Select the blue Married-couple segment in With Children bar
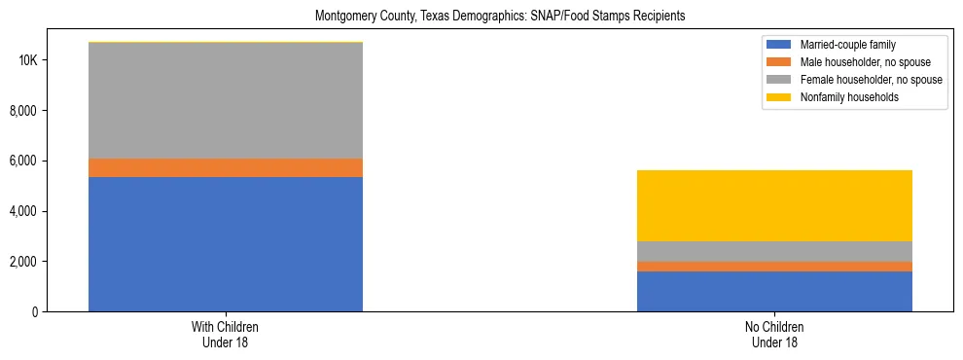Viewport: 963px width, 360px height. tap(226, 244)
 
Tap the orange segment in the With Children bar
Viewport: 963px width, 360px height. tap(226, 167)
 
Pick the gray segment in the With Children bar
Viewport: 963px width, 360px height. tap(226, 100)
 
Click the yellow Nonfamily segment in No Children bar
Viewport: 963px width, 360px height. tap(774, 205)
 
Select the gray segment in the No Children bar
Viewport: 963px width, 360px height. tap(774, 251)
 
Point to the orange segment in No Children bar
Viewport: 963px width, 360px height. tap(774, 267)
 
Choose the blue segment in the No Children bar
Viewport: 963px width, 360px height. tap(774, 292)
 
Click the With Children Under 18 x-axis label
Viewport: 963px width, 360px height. tap(226, 335)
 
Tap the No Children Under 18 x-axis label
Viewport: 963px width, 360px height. tap(774, 335)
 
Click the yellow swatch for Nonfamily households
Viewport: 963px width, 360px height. tap(780, 97)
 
